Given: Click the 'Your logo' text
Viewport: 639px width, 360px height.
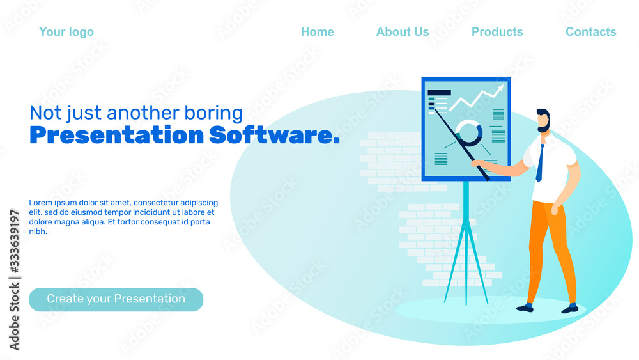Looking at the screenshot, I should (x=66, y=32).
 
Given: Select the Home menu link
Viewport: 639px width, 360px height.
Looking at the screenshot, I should (x=318, y=32).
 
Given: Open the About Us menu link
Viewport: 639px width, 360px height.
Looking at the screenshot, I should (x=403, y=32).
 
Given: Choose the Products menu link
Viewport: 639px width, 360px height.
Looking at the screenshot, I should (x=497, y=32).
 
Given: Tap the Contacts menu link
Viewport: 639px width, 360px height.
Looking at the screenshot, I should (x=591, y=32).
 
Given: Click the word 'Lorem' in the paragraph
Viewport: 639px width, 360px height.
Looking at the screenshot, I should (x=40, y=203).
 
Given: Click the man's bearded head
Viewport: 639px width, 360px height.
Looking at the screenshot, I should (x=543, y=120).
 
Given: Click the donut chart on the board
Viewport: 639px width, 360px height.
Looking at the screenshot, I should (x=470, y=132).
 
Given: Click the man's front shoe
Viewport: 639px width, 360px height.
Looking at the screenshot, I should (x=525, y=308).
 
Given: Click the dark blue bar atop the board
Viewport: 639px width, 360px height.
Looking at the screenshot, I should (x=439, y=93).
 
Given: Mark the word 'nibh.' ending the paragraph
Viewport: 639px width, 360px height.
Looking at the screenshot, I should (x=38, y=231).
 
